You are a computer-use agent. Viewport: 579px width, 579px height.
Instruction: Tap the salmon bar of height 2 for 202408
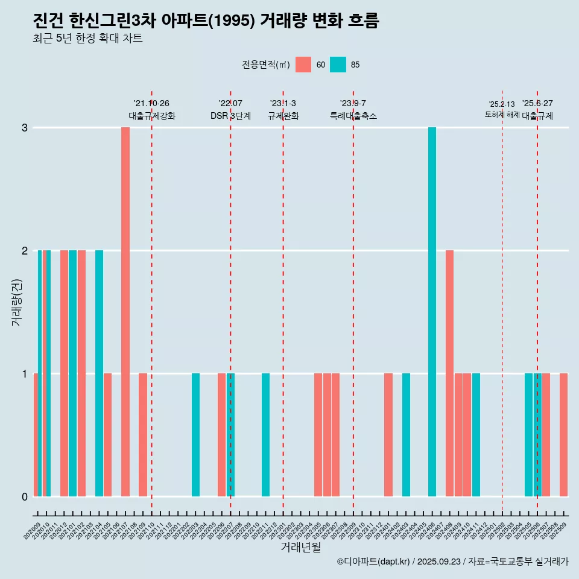(449, 373)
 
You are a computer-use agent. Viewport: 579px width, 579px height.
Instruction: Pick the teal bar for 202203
(195, 435)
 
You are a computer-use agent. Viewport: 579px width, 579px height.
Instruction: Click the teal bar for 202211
(265, 435)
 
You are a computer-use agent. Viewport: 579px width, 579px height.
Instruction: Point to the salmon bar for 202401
(388, 435)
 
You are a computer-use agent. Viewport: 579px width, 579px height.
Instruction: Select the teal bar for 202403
(406, 435)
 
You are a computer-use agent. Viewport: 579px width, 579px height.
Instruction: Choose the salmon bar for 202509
(563, 435)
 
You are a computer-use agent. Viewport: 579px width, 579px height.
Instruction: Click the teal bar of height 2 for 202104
(99, 373)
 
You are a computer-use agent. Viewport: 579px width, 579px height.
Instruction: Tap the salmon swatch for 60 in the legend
(303, 65)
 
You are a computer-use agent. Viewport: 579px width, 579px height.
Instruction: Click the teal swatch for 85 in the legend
(338, 65)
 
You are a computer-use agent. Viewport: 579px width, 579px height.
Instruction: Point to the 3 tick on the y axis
(25, 128)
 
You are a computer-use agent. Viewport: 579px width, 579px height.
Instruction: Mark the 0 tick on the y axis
(25, 496)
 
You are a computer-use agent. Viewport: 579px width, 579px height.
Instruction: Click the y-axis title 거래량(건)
(16, 302)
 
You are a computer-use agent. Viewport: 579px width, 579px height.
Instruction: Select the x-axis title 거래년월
(300, 548)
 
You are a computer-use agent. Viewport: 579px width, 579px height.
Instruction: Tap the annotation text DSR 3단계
(230, 116)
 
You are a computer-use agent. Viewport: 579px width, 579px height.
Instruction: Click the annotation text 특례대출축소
(353, 116)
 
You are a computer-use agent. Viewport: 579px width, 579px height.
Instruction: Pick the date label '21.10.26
(151, 104)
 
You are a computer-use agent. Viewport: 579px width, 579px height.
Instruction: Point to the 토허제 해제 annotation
(502, 114)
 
